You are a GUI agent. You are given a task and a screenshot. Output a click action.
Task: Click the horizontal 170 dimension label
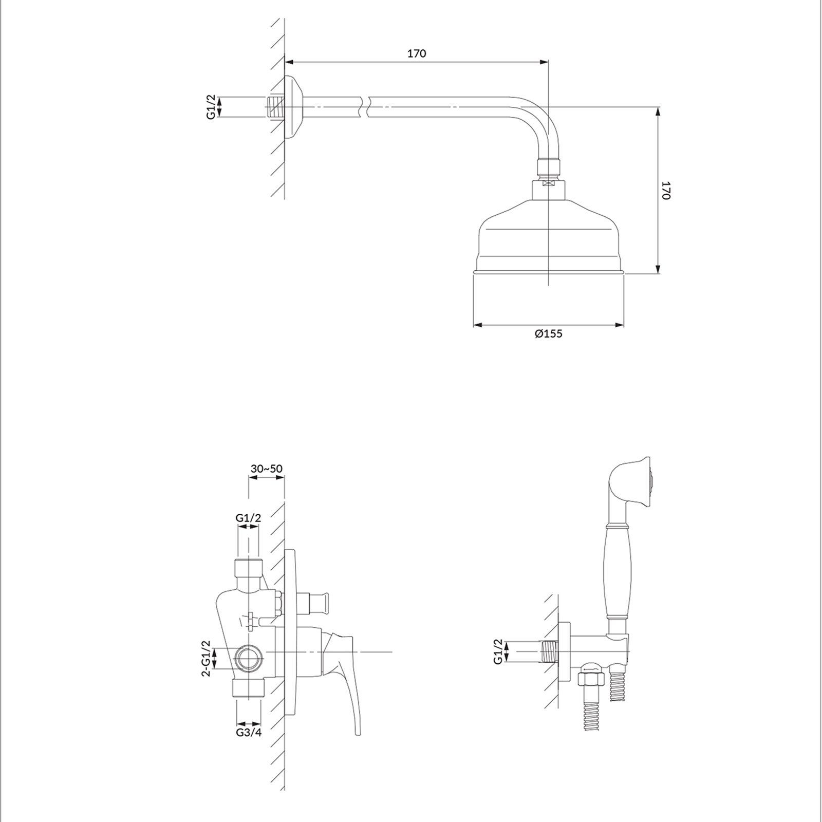click(417, 53)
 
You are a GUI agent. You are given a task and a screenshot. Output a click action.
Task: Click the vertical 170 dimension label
click(666, 190)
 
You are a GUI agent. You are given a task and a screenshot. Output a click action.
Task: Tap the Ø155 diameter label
click(548, 334)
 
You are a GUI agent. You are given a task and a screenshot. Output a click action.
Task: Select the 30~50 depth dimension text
click(267, 469)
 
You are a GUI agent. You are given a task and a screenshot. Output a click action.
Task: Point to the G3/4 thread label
click(249, 733)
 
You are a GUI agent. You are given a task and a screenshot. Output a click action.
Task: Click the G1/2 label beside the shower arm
click(211, 108)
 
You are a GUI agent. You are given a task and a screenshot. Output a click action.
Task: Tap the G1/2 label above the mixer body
click(249, 518)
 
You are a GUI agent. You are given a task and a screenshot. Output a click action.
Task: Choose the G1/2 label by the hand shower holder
click(497, 652)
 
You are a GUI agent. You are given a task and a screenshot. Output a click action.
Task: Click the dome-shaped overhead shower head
click(548, 241)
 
